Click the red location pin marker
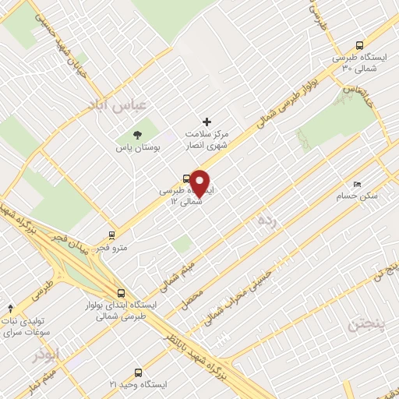200,182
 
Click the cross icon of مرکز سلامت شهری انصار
207,121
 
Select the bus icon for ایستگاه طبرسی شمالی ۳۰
358,45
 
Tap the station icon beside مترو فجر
113,234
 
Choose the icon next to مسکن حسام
357,184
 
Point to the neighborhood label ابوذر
47,355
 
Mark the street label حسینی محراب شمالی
241,296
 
